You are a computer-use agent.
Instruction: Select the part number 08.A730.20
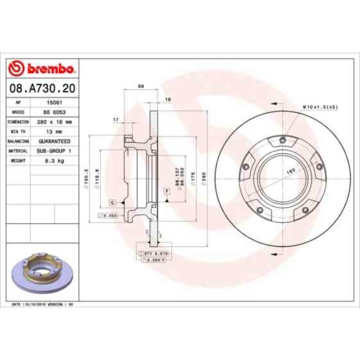click(x=42, y=88)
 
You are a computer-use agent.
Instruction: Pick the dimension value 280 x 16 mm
click(x=54, y=121)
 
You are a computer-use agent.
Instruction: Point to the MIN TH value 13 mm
click(x=54, y=131)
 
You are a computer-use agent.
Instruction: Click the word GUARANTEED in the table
click(x=54, y=141)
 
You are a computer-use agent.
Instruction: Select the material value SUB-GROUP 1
click(x=54, y=150)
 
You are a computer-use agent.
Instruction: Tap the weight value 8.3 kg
click(x=54, y=160)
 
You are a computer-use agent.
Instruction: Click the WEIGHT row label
click(x=19, y=160)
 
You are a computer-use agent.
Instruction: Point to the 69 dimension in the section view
click(x=141, y=86)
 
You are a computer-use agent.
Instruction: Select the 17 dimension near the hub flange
click(x=115, y=120)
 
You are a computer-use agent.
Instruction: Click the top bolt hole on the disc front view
click(x=282, y=140)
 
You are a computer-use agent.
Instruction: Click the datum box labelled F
click(x=166, y=191)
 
